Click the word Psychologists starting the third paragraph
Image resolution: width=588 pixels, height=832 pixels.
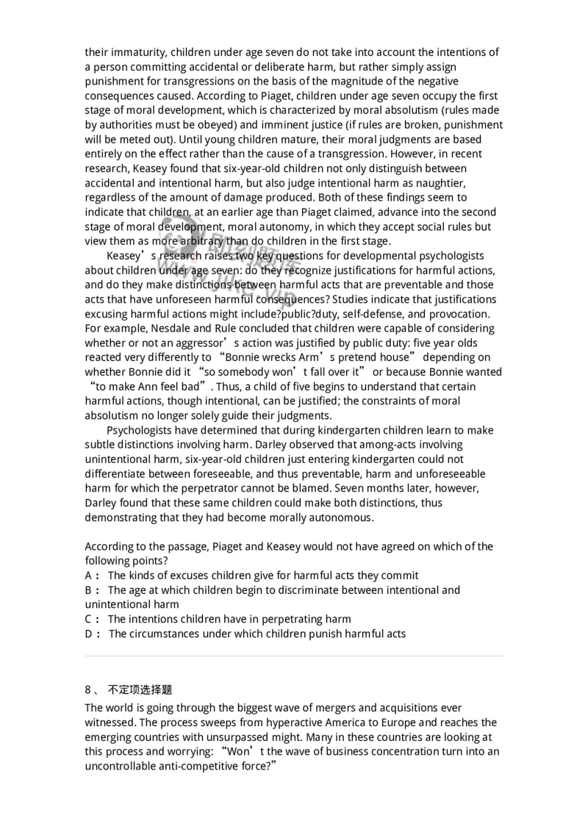point(142,430)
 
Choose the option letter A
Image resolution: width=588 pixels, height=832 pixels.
point(89,575)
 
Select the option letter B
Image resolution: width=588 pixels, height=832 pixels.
point(89,590)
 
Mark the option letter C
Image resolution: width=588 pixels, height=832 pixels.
point(89,619)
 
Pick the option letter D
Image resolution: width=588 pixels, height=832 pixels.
point(89,634)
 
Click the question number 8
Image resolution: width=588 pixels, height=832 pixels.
point(88,690)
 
